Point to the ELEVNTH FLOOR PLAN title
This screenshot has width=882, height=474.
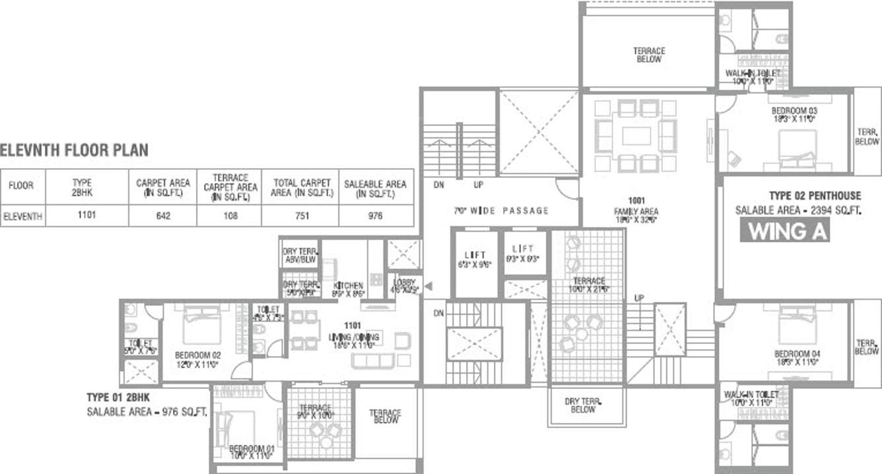tap(75, 151)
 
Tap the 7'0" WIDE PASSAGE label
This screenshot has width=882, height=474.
tap(501, 210)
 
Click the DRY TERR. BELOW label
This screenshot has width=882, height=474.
tap(585, 405)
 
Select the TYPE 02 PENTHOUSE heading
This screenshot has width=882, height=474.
tap(815, 196)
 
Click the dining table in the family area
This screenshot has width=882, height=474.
tap(636, 136)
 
